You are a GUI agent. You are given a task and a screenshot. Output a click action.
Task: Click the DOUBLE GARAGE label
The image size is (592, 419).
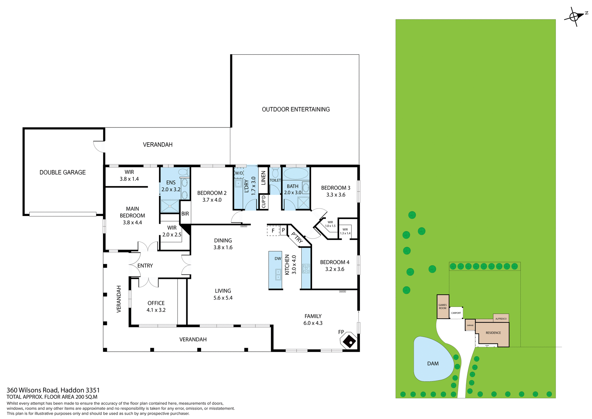(63, 172)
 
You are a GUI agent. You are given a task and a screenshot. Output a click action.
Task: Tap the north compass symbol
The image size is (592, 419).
(574, 16)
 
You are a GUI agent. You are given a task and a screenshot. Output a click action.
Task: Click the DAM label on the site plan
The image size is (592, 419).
(433, 363)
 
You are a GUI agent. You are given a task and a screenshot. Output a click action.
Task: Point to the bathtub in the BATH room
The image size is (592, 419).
(296, 173)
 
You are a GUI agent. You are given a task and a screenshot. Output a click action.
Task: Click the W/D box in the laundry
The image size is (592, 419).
(239, 173)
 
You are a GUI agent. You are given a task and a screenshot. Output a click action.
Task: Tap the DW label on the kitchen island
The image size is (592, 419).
(278, 259)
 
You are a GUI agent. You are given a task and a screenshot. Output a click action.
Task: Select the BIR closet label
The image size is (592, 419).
(185, 214)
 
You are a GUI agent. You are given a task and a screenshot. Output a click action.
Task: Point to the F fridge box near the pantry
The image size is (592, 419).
(273, 230)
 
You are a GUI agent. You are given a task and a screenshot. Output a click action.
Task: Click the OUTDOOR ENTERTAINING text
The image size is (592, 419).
(296, 109)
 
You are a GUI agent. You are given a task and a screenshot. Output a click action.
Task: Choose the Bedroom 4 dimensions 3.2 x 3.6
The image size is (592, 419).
(335, 269)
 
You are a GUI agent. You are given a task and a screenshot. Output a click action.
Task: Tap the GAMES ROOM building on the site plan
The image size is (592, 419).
(443, 306)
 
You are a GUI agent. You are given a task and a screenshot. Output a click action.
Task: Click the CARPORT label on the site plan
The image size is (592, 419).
(456, 313)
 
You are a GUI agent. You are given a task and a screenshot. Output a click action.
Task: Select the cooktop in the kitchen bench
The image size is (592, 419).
(306, 268)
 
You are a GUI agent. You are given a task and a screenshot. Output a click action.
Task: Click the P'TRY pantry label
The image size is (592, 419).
(297, 238)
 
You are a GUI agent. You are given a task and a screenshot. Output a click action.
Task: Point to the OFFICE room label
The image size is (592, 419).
(156, 303)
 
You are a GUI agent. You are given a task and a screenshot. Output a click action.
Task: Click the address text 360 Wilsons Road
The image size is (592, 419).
(53, 390)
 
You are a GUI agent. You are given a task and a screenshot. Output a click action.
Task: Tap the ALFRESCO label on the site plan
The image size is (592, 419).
(501, 318)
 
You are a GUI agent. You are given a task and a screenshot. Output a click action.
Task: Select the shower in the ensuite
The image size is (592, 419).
(170, 206)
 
